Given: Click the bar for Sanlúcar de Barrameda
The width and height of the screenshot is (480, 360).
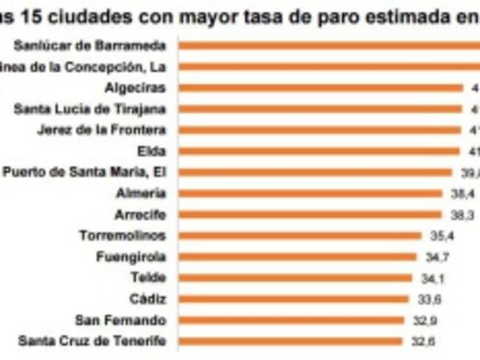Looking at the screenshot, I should tap(329, 45).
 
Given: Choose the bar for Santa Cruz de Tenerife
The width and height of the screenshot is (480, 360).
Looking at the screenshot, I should tap(290, 342).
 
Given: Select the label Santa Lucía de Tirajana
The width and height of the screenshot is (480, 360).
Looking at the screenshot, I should tap(90, 109).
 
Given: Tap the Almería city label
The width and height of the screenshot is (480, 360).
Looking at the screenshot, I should tap(140, 194).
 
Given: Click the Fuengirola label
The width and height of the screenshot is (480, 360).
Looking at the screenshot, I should tap(131, 257).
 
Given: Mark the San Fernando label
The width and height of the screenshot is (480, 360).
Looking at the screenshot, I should tap(120, 320).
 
